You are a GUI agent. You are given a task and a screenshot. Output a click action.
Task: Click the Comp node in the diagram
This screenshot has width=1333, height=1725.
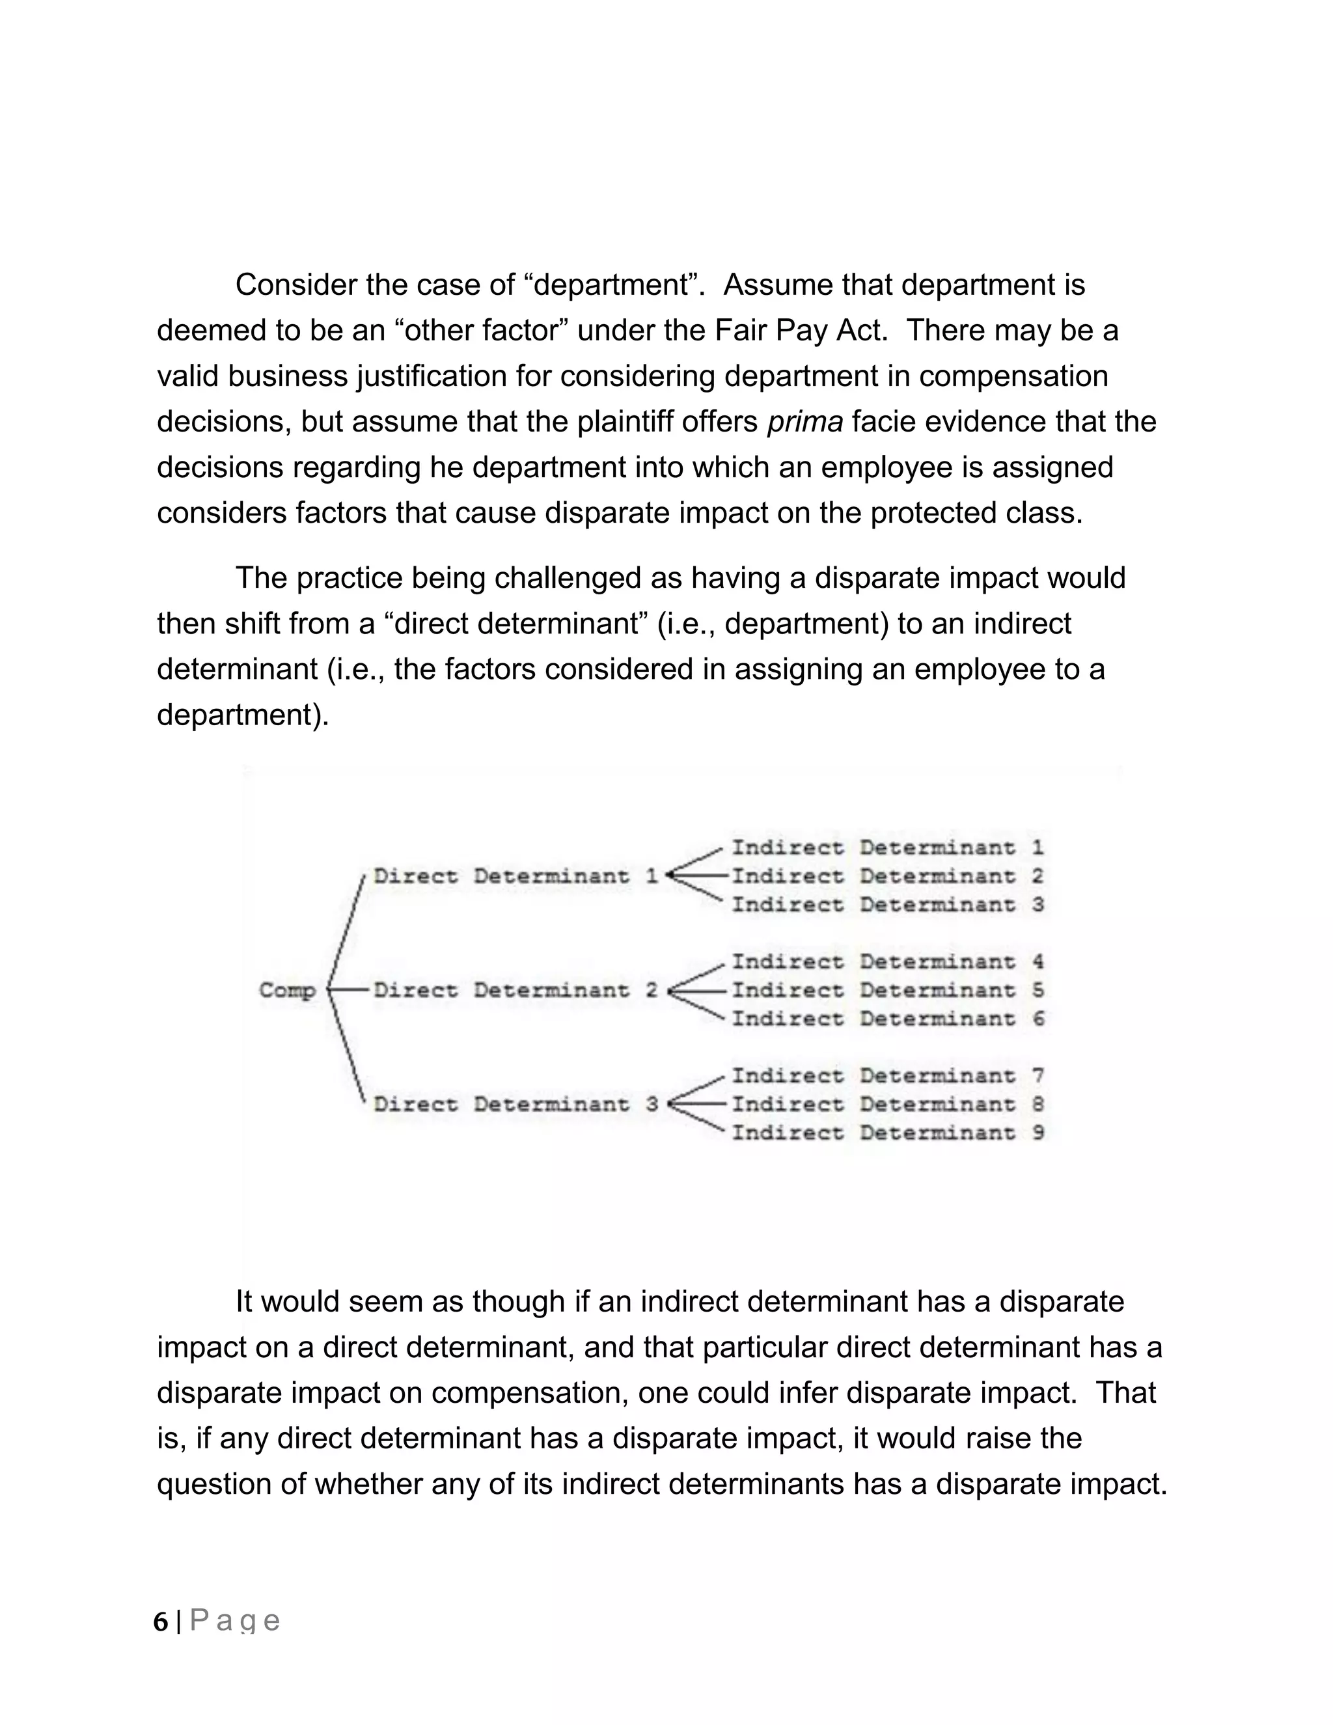[x=288, y=991]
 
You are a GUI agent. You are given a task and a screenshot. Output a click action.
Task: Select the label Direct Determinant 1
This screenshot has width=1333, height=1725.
[x=515, y=876]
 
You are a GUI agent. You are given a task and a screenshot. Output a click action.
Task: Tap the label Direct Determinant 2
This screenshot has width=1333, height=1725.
[x=515, y=991]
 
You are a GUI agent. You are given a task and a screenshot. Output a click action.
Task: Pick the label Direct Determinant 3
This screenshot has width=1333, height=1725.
[x=515, y=1104]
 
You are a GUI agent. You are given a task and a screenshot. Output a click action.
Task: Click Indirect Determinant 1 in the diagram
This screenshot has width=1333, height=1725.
[x=887, y=848]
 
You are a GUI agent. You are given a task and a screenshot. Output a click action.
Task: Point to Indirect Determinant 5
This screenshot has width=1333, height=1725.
[x=887, y=991]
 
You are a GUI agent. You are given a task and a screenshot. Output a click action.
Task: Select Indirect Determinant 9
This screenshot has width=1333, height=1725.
[x=887, y=1133]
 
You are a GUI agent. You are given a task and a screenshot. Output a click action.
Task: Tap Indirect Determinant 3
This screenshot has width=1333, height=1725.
[x=887, y=904]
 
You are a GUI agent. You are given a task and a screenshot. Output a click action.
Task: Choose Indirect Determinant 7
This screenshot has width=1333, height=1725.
[x=887, y=1076]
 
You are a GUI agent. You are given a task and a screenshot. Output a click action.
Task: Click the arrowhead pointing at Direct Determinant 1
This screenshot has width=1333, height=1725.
[x=670, y=875]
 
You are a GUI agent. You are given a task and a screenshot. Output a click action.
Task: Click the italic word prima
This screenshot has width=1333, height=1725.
[x=804, y=422]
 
